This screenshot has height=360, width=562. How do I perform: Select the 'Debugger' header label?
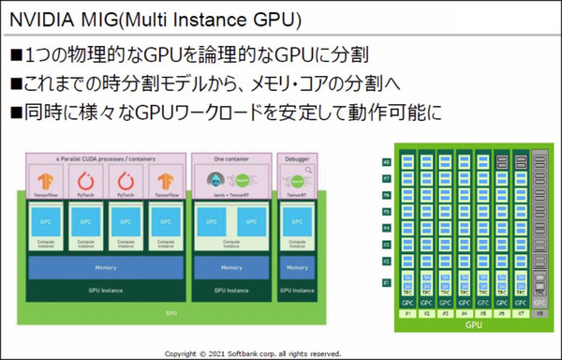coord(298,158)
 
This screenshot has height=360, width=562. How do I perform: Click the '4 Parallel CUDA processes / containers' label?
coord(106,158)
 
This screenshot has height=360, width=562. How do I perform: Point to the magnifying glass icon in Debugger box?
coord(307,172)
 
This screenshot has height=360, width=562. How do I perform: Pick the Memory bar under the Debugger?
coord(298,267)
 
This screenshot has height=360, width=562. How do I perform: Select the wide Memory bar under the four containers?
coord(106,267)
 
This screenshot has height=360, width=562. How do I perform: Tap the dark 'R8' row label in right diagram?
coord(386,162)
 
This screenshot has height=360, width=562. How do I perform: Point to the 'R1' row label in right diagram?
coord(386,282)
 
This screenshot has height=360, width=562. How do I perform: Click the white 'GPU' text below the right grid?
coord(474,325)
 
